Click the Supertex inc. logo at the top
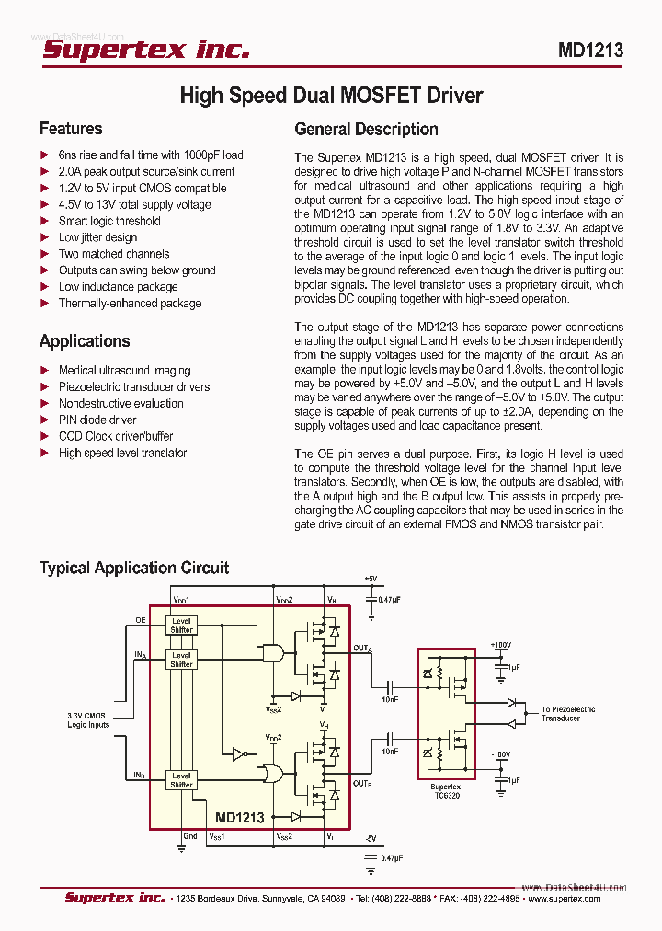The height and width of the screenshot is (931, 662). [146, 50]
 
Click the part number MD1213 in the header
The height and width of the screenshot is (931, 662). [590, 51]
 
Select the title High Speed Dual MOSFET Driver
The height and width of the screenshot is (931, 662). [331, 96]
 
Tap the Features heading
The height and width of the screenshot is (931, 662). [71, 129]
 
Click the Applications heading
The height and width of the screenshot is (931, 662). [85, 341]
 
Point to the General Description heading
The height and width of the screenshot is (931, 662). [366, 130]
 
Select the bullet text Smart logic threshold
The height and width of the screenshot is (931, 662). [109, 221]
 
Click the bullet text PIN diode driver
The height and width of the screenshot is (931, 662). [97, 420]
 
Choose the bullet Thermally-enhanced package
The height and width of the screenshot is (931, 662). [130, 304]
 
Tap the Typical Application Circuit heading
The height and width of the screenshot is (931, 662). [134, 568]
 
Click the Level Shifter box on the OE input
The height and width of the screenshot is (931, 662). [181, 626]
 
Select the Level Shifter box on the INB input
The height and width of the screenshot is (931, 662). [181, 780]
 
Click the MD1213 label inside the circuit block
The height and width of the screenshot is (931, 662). [240, 817]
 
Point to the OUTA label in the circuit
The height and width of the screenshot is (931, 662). [362, 649]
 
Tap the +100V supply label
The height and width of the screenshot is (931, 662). [500, 645]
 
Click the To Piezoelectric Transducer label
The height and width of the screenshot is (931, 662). [567, 713]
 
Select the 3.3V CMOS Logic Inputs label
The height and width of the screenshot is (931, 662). [88, 719]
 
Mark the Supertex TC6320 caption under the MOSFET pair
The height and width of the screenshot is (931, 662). [446, 791]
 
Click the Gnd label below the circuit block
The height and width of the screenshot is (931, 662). [189, 836]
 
